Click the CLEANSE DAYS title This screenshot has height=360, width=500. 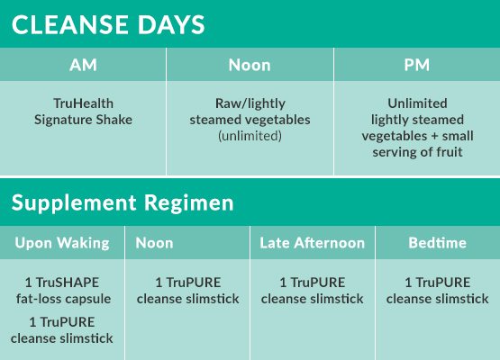point(108,25)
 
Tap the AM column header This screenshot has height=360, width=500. point(83,65)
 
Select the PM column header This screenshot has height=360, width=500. point(416,65)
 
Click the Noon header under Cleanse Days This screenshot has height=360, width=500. point(250,65)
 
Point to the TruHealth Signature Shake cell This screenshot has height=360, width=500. point(83,112)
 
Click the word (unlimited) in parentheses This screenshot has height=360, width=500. point(250,136)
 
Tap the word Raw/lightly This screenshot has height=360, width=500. point(250,103)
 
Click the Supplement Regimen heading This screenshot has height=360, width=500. point(123,202)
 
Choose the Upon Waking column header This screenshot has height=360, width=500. point(62,243)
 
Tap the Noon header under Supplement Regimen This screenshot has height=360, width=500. point(154,243)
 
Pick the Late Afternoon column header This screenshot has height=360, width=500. point(313,243)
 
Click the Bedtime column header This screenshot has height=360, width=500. point(438,243)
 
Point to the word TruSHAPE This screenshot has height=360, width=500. point(68,283)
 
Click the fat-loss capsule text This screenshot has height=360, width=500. point(63,299)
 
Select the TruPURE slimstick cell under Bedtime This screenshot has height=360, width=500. point(437,291)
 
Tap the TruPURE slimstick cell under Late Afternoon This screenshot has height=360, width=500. point(313,291)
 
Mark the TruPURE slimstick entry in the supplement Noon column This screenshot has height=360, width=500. point(187,291)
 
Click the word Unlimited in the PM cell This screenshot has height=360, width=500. point(417,103)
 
